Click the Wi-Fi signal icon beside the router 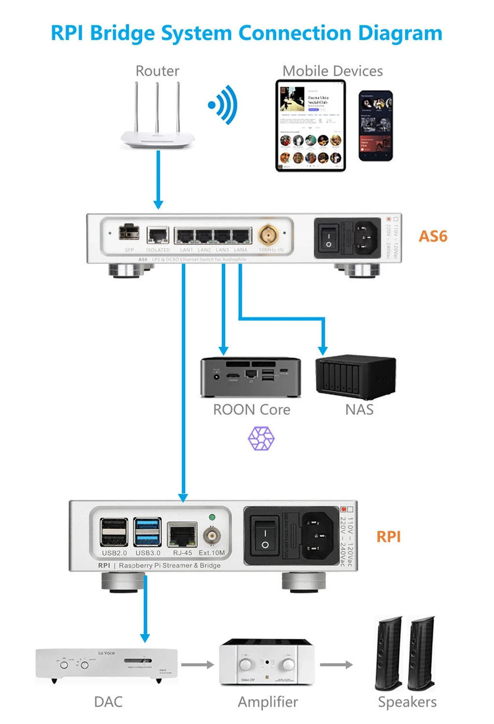pyautogui.click(x=223, y=105)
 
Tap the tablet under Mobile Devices pyautogui.click(x=310, y=126)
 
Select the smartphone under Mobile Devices pyautogui.click(x=376, y=126)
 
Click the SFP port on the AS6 pyautogui.click(x=129, y=232)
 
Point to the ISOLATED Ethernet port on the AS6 pyautogui.click(x=158, y=235)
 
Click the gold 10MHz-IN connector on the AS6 pyautogui.click(x=267, y=235)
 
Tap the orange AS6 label pyautogui.click(x=433, y=237)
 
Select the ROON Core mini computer pyautogui.click(x=250, y=377)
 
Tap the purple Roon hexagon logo pyautogui.click(x=261, y=439)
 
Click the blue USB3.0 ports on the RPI pyautogui.click(x=147, y=532)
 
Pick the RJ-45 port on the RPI pyautogui.click(x=182, y=535)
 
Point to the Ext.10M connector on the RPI pyautogui.click(x=212, y=536)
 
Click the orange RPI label pyautogui.click(x=389, y=537)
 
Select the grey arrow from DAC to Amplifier pyautogui.click(x=198, y=665)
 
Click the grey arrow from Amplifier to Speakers pyautogui.click(x=336, y=665)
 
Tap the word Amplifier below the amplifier pyautogui.click(x=268, y=702)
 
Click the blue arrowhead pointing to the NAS pyautogui.click(x=323, y=351)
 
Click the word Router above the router pyautogui.click(x=157, y=71)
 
